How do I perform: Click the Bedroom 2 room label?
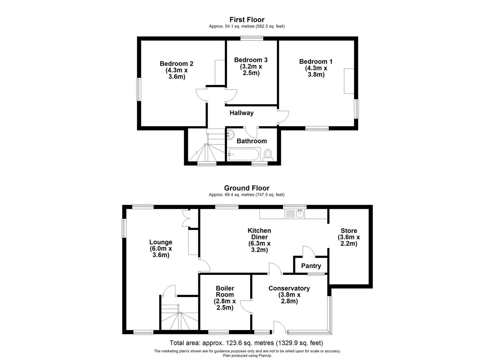tap(176, 64)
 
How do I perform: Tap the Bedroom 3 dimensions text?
tap(251, 70)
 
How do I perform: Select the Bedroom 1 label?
tap(316, 62)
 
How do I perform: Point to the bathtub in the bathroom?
tap(244, 154)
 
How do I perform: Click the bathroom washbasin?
tap(230, 135)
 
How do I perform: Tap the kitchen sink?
tap(300, 214)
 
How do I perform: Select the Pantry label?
tap(311, 266)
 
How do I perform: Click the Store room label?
tap(349, 231)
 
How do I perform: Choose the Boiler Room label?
tap(225, 291)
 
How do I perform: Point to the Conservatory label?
tap(289, 288)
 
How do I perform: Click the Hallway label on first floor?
tap(242, 113)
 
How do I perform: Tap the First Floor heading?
tap(247, 20)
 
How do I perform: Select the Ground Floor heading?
tap(247, 188)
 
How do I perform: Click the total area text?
tap(246, 343)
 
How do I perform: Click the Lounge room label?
tap(161, 242)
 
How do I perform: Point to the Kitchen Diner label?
tap(259, 234)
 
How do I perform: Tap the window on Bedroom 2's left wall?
tap(138, 89)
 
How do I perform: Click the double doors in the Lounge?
tap(186, 218)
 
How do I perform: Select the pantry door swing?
tap(309, 251)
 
